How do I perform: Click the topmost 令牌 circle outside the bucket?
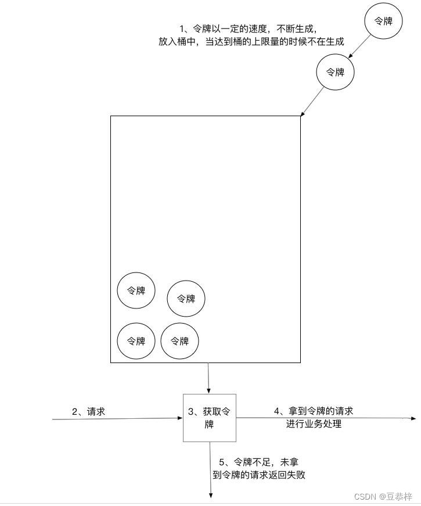point(383,21)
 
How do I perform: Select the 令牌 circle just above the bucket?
point(335,73)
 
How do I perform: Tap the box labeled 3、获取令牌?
point(210,418)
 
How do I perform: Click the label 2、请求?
point(89,411)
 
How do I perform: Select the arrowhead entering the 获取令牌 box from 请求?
point(180,418)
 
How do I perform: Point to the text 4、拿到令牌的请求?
point(314,411)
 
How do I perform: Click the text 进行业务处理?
point(314,424)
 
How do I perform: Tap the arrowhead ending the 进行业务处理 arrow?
point(413,418)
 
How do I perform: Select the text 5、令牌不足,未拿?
point(259,462)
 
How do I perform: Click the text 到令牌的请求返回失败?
point(259,475)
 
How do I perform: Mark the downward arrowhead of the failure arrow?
point(210,495)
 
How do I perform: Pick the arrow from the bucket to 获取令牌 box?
point(209,378)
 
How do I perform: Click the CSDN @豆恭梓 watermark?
point(383,496)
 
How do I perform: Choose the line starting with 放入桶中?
point(251,42)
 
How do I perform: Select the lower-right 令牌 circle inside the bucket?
point(179,341)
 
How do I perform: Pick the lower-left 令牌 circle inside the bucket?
point(136,341)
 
